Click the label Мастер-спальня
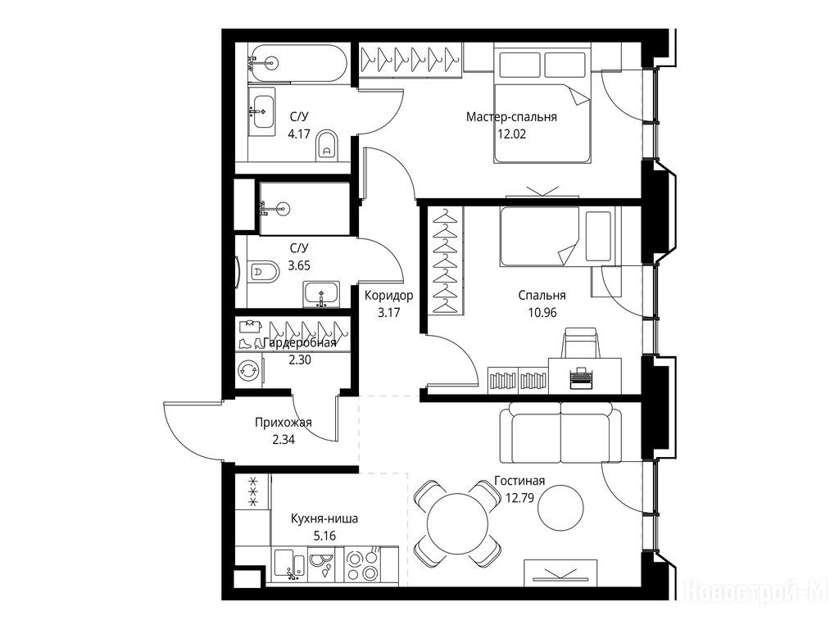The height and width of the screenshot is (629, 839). pyautogui.click(x=511, y=116)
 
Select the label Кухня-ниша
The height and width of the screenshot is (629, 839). pyautogui.click(x=324, y=518)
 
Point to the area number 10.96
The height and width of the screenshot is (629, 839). pyautogui.click(x=542, y=312)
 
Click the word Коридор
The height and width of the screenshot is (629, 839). pyautogui.click(x=389, y=295)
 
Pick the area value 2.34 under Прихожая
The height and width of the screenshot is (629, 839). pyautogui.click(x=283, y=440)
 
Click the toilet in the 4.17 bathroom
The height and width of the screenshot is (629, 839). pyautogui.click(x=326, y=144)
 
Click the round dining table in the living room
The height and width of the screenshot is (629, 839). pyautogui.click(x=457, y=523)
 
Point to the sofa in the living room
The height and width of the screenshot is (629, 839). pyautogui.click(x=560, y=432)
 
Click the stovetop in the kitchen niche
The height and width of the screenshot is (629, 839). pyautogui.click(x=362, y=565)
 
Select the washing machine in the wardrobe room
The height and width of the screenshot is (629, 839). pyautogui.click(x=249, y=370)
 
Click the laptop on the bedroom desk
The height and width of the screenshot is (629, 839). pyautogui.click(x=580, y=377)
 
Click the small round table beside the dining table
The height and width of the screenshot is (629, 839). pyautogui.click(x=560, y=507)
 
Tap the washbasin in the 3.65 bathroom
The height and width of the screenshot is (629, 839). pyautogui.click(x=321, y=294)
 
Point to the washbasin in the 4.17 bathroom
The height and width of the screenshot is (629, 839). pyautogui.click(x=263, y=111)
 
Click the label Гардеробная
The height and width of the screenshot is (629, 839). pyautogui.click(x=300, y=343)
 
